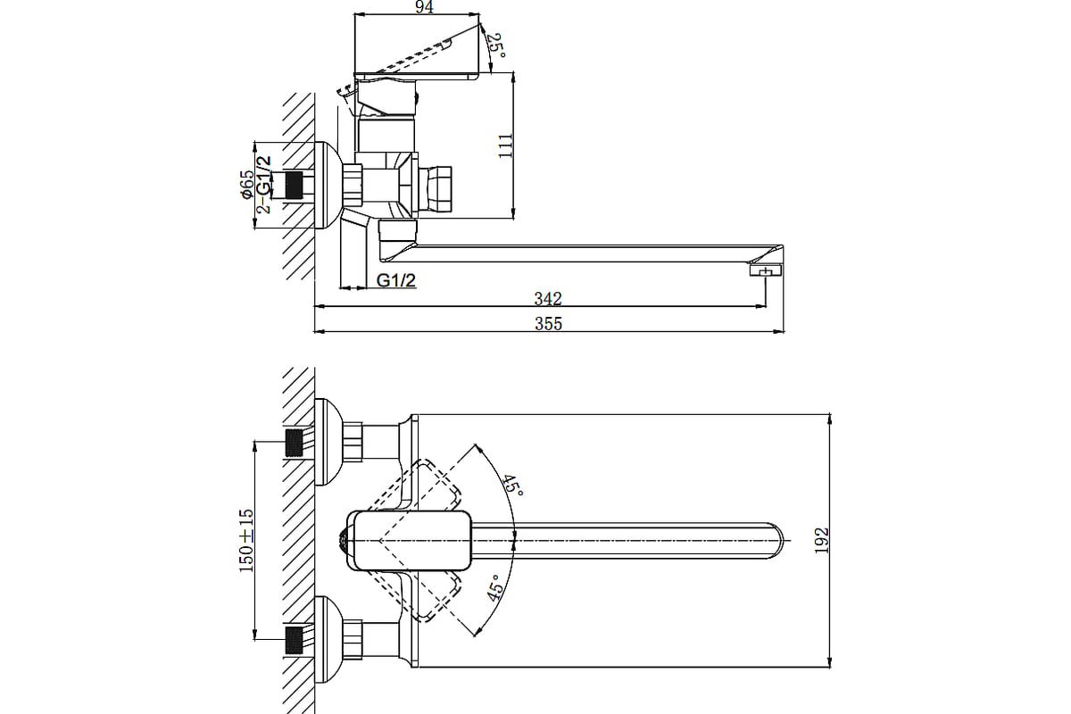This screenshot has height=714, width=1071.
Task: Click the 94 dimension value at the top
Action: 424,7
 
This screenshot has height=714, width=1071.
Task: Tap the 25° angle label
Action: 497,46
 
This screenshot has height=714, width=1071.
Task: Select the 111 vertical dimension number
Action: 505,146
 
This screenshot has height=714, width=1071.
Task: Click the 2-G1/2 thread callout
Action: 263,185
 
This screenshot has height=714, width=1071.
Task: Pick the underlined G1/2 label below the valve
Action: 396,281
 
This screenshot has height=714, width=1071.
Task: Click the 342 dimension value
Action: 548,299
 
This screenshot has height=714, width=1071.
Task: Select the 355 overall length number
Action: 548,324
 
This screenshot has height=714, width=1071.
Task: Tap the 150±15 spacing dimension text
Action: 245,541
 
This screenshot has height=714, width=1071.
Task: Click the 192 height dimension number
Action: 821,540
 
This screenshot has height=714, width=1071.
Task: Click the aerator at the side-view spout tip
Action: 766,270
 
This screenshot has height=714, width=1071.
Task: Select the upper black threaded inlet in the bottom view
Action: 295,443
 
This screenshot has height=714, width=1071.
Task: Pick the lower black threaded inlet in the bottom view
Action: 295,640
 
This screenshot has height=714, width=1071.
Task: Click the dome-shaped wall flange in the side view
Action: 329,185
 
